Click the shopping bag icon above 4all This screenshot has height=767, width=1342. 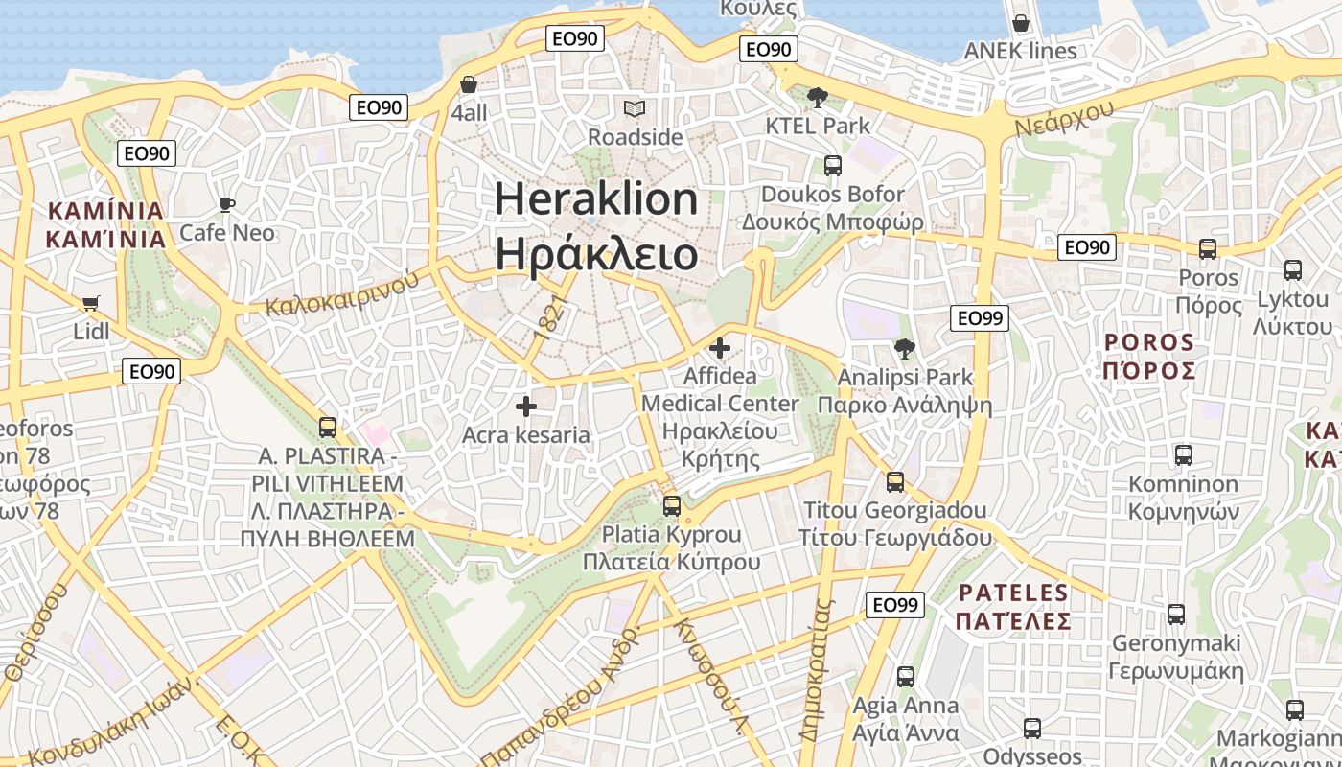(x=469, y=84)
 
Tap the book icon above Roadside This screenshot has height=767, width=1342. (x=635, y=108)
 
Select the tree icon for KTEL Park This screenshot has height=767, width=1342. (x=818, y=97)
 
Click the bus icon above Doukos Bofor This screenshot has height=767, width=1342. (x=833, y=166)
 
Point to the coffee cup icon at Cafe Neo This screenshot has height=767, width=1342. (x=227, y=204)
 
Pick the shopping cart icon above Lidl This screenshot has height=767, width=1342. (x=91, y=304)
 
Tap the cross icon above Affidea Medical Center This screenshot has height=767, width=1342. (x=720, y=348)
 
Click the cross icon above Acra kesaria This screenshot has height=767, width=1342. (x=526, y=407)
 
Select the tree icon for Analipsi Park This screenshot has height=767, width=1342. (x=904, y=349)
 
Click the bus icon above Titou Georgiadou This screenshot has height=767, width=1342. (x=895, y=481)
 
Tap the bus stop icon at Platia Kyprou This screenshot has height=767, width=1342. (x=672, y=505)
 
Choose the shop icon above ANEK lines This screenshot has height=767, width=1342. (x=1021, y=22)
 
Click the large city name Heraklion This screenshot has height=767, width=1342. (x=596, y=199)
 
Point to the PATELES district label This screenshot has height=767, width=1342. (x=1013, y=593)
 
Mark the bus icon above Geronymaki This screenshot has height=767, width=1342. (x=1176, y=615)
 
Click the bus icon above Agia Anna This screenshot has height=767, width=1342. (x=906, y=677)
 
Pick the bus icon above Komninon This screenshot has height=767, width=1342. (x=1184, y=455)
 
